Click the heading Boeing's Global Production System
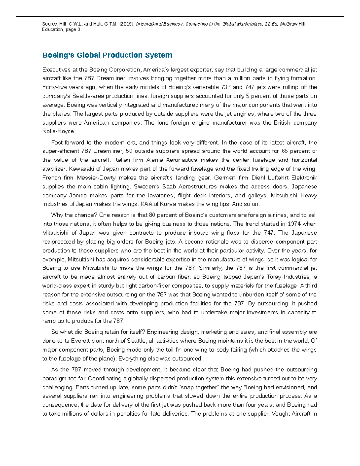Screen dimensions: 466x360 click(107, 55)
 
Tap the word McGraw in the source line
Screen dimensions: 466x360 click(289, 24)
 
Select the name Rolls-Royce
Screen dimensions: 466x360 click(59, 131)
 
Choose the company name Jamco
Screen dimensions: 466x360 click(78, 196)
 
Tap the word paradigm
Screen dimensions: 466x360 click(55, 379)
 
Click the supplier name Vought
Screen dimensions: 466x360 click(282, 414)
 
